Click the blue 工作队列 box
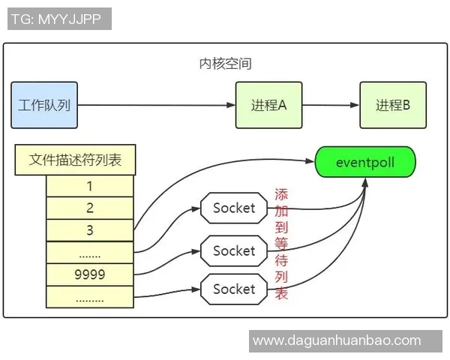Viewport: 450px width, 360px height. click(44, 105)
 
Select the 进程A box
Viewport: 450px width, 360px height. click(268, 105)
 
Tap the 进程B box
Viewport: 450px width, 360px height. click(392, 105)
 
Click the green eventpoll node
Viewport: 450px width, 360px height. click(364, 162)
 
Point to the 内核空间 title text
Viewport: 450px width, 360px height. click(225, 64)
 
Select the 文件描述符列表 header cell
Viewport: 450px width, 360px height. click(75, 160)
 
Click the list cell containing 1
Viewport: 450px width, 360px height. click(90, 185)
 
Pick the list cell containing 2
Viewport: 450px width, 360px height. click(90, 208)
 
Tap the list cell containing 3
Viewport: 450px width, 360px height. click(90, 230)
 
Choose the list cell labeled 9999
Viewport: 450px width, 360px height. click(90, 274)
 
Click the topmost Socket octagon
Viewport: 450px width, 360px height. click(234, 208)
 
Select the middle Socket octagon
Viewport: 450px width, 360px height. click(234, 250)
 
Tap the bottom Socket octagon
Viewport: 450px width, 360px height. click(234, 289)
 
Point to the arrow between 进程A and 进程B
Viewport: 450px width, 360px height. click(330, 105)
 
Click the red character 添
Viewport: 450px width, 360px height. click(281, 194)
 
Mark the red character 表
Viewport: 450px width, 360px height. click(281, 294)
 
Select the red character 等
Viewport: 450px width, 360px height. click(281, 243)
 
